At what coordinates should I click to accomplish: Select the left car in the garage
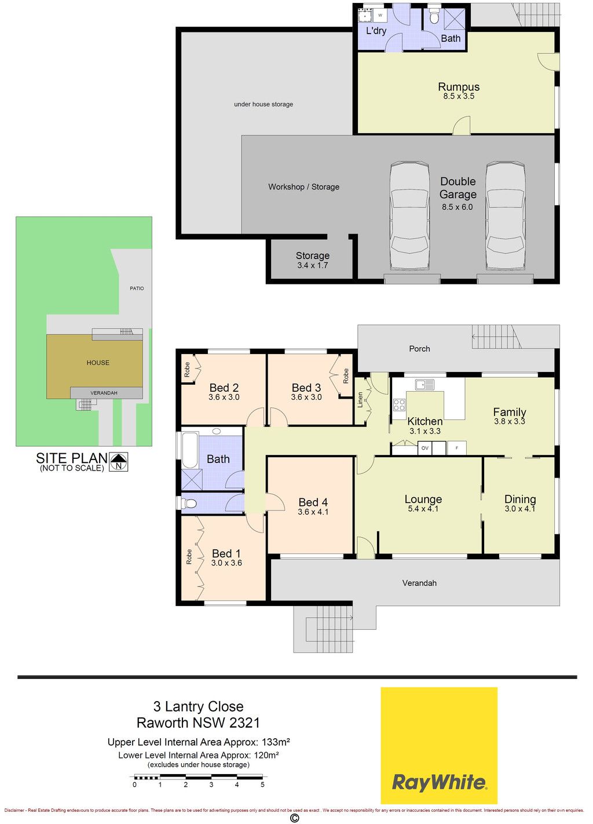[x=409, y=216]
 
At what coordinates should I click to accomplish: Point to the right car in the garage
[x=505, y=216]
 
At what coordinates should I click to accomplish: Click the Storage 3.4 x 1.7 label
[x=313, y=260]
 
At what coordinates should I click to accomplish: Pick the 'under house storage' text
[x=263, y=104]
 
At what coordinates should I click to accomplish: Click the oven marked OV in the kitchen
[x=425, y=448]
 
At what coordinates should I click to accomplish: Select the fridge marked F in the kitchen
[x=456, y=448]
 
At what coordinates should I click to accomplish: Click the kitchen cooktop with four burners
[x=399, y=404]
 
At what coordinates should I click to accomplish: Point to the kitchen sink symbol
[x=424, y=384]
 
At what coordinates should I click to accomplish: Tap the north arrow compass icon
[x=118, y=462]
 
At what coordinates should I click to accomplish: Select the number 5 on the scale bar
[x=262, y=784]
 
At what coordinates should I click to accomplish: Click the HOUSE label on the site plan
[x=98, y=363]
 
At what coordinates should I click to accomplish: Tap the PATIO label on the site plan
[x=137, y=289]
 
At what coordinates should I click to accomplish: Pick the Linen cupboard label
[x=360, y=400]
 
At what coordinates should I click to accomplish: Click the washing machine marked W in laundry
[x=380, y=15]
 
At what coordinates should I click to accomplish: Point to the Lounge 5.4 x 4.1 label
[x=423, y=503]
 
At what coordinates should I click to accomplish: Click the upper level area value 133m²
[x=276, y=742]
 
